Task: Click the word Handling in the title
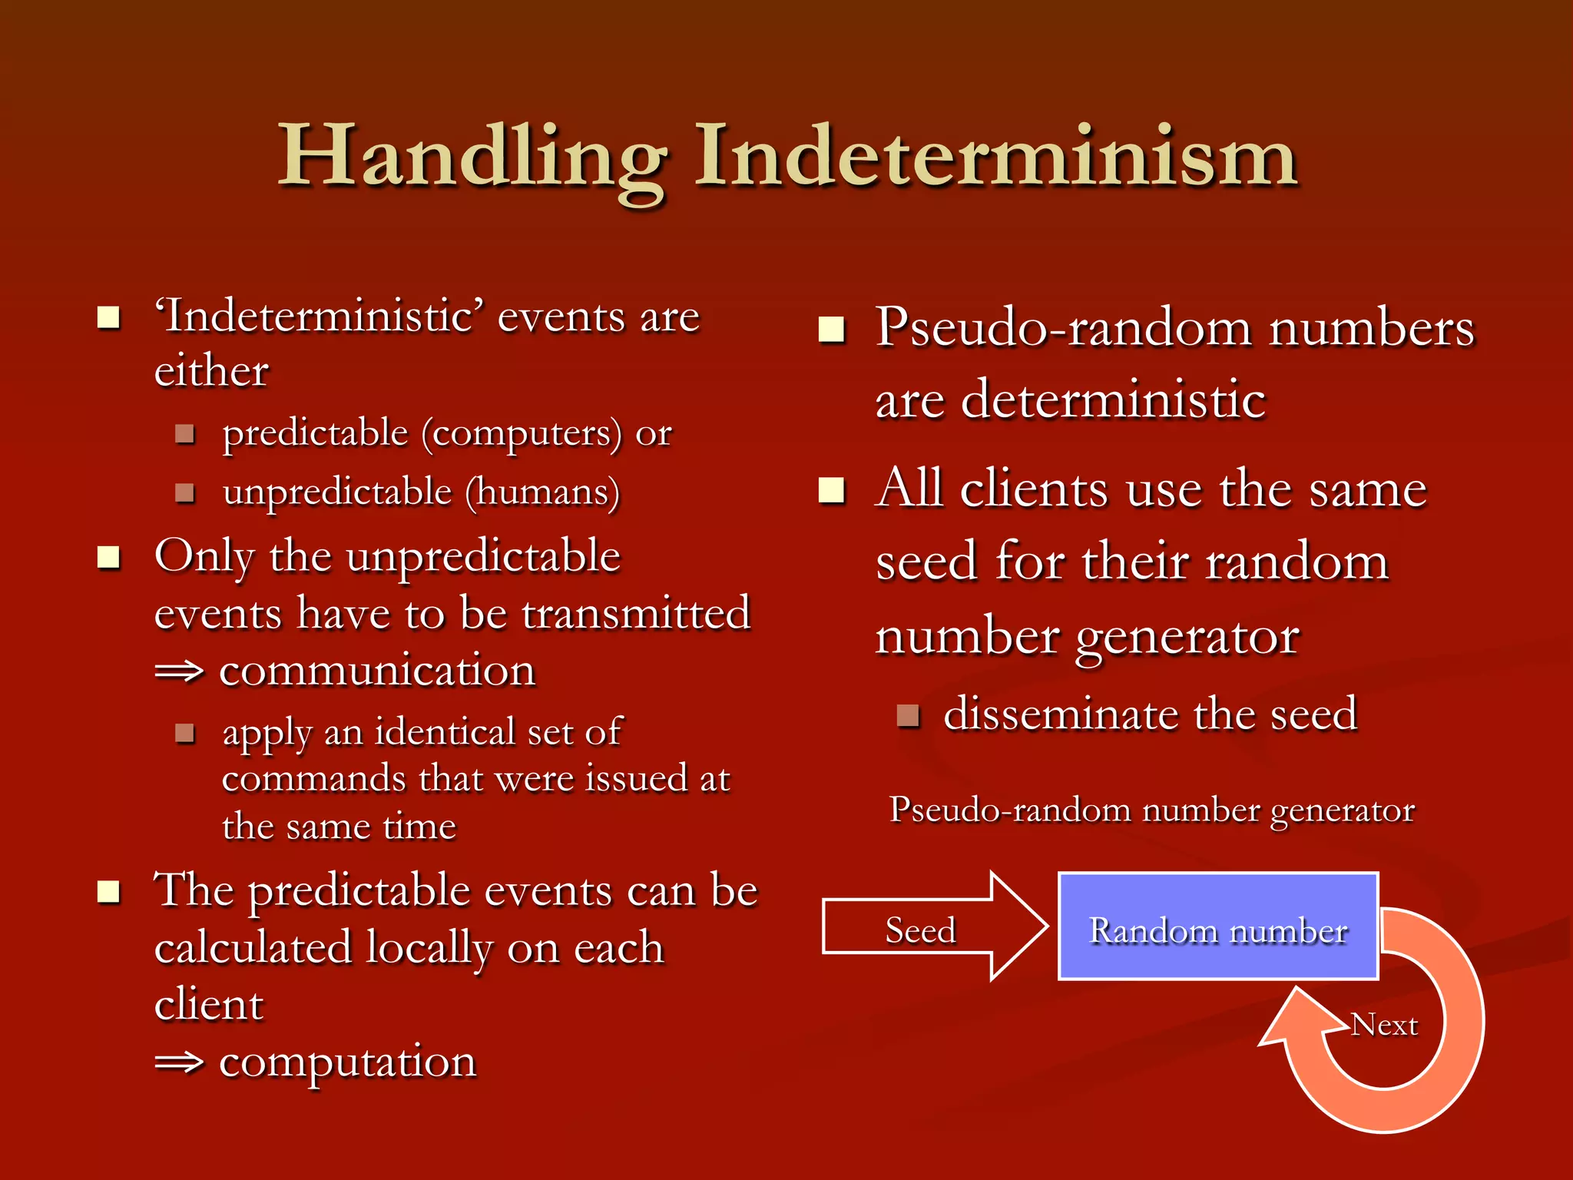pos(472,157)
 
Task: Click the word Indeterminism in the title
pos(996,157)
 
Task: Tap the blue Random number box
pos(1218,927)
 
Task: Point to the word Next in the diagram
pos(1384,1025)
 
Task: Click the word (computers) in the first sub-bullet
pos(522,433)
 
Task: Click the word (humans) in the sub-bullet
pos(542,492)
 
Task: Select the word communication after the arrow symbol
pos(377,671)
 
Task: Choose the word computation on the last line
pos(347,1062)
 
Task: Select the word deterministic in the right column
pos(1113,399)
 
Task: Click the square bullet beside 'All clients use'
pos(831,490)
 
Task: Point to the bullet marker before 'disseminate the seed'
pos(909,716)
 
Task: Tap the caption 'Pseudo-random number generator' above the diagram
pos(1151,810)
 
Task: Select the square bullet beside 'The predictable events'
pos(109,892)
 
